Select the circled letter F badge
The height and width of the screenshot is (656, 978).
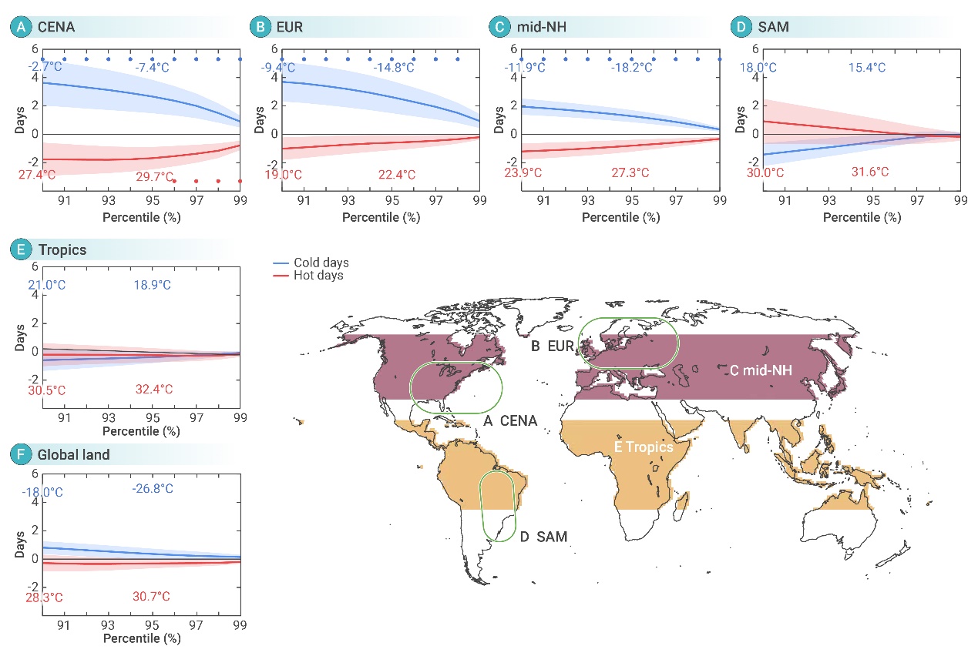point(19,455)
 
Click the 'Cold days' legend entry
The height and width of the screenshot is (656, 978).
point(321,263)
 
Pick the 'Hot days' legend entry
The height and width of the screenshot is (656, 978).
point(318,275)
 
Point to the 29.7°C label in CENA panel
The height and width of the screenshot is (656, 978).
point(153,176)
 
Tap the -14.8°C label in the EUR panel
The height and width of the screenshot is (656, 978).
point(394,68)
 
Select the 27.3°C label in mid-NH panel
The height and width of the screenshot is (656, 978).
point(634,174)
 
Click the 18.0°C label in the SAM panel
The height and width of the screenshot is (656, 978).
point(758,68)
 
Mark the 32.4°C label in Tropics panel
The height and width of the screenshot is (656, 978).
point(153,390)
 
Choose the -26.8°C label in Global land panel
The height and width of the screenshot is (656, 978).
point(153,488)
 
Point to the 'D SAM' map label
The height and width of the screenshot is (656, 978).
point(544,536)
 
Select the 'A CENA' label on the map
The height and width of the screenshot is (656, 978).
point(510,420)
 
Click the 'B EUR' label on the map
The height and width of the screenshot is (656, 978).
point(553,346)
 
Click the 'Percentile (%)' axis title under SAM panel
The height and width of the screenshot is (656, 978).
point(862,218)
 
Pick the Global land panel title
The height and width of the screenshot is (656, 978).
point(74,455)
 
